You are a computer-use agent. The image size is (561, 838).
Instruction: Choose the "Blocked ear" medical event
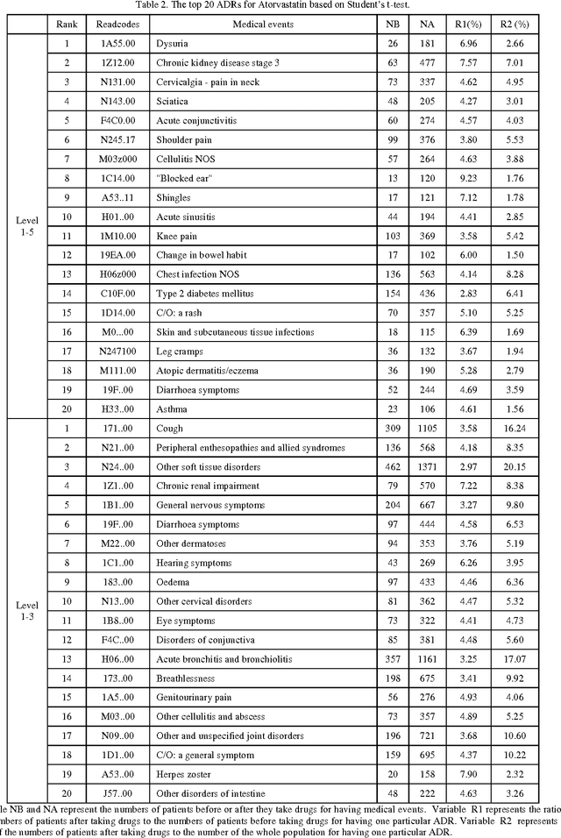[x=179, y=179]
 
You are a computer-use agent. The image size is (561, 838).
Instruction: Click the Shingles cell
[x=173, y=198]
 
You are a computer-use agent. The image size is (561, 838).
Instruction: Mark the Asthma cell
[x=171, y=409]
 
